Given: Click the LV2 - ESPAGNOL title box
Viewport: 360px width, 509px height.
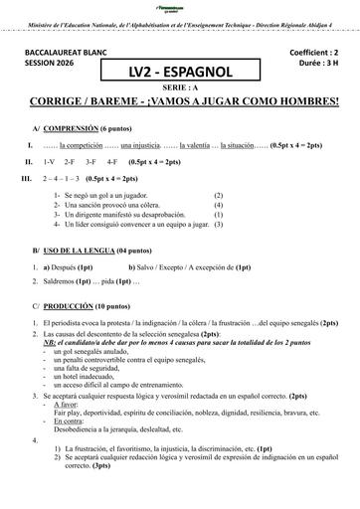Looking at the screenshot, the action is click(x=180, y=70).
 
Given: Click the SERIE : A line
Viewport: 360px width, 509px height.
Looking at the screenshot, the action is click(x=180, y=88).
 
